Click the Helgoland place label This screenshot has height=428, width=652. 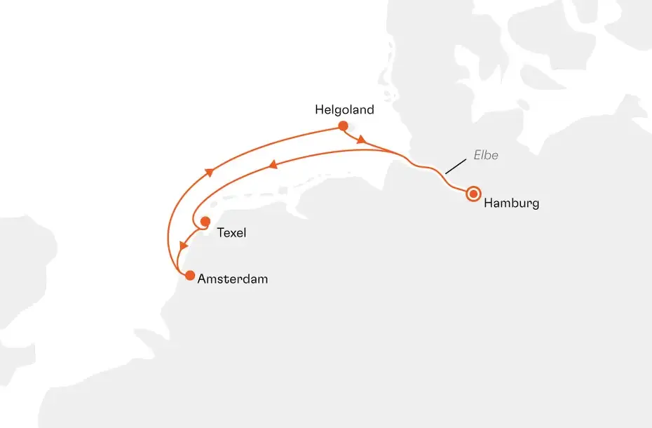tap(344, 110)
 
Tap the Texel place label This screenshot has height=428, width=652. tap(231, 232)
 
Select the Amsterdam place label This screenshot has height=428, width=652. tap(233, 279)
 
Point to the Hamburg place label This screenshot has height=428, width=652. tap(511, 203)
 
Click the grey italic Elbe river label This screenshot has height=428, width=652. tap(486, 155)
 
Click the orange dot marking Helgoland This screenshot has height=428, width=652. tap(343, 126)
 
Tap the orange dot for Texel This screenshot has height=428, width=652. tap(205, 222)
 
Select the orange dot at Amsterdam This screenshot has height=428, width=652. tap(189, 276)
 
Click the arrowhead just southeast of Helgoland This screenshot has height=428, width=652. tap(361, 140)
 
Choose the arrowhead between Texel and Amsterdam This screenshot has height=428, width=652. tap(184, 246)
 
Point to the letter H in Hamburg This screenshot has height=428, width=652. tap(488, 203)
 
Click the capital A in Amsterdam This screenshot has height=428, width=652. tap(202, 279)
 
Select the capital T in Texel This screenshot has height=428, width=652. tap(220, 232)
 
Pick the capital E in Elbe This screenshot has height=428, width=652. tap(477, 155)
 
